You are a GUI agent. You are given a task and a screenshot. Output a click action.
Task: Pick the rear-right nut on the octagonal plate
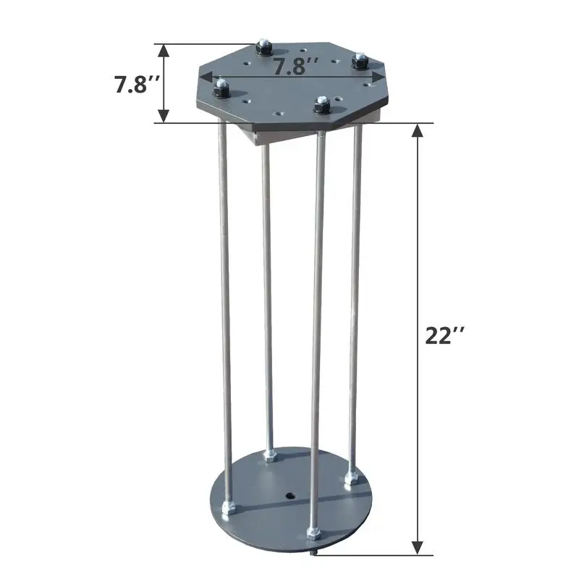[x=359, y=62]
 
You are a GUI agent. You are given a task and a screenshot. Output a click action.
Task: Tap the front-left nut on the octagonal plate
[x=220, y=90]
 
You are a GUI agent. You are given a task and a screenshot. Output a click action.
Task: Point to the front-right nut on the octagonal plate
[x=321, y=106]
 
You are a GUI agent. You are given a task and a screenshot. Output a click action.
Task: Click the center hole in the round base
[x=289, y=496]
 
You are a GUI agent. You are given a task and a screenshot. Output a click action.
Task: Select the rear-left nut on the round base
[x=270, y=455]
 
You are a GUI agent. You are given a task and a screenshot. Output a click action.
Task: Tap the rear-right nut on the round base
[x=352, y=478]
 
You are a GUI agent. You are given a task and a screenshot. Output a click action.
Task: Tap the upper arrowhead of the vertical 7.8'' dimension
[x=164, y=49]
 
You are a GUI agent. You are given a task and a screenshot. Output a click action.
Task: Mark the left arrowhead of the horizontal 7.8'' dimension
[x=205, y=76]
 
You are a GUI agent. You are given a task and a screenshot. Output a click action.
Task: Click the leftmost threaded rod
[x=224, y=311]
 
